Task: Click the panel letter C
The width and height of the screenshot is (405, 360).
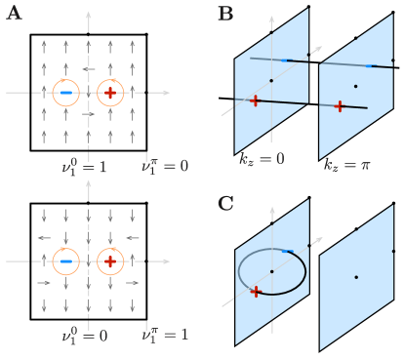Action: [225, 203]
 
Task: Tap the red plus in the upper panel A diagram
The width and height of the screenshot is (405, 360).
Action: [110, 93]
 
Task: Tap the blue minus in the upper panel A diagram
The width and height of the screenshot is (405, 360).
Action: [65, 93]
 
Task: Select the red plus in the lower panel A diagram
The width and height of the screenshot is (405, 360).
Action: [110, 261]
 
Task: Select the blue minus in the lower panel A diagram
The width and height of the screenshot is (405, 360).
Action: [65, 261]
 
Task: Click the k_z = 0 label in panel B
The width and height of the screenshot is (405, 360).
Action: [261, 157]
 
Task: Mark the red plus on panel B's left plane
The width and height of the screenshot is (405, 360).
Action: [255, 100]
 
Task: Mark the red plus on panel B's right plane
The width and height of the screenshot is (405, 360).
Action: [339, 106]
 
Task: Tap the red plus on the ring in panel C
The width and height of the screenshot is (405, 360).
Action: [256, 291]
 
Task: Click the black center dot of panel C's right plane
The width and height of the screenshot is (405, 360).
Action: [355, 277]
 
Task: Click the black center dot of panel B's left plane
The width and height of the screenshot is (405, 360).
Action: [271, 80]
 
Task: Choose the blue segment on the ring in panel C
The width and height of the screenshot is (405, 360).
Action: [287, 251]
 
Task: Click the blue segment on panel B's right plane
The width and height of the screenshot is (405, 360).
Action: [369, 65]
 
